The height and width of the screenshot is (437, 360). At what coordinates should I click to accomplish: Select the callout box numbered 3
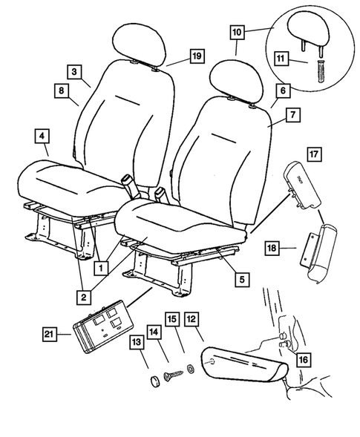click(x=76, y=72)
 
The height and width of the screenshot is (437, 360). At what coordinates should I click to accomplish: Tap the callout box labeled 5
click(x=240, y=280)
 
